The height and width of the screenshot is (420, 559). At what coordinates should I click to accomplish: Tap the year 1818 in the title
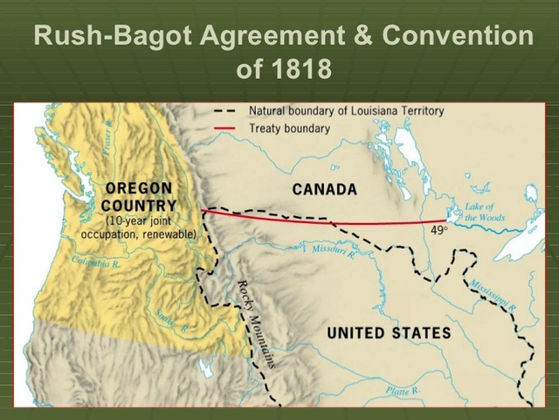click(x=299, y=69)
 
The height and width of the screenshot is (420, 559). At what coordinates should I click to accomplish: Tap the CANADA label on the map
click(x=324, y=189)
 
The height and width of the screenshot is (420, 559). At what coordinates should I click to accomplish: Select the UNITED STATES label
click(x=389, y=332)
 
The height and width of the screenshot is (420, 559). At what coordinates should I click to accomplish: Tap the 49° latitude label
click(x=438, y=231)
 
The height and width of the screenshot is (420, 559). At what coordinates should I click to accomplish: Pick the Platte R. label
click(x=404, y=388)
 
